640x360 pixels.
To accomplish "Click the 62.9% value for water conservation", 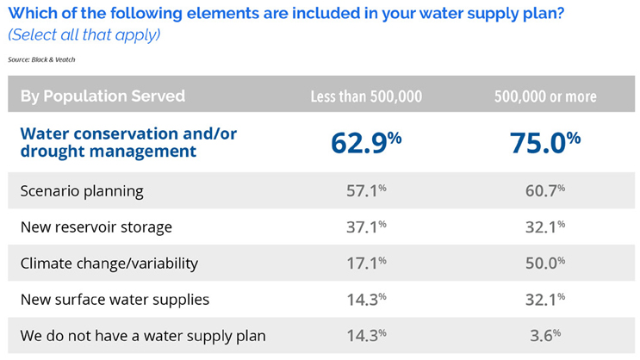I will point(365,140).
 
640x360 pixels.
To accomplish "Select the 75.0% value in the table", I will point(544,140).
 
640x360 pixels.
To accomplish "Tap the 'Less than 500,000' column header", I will point(366,96).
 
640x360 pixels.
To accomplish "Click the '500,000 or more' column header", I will point(545,96).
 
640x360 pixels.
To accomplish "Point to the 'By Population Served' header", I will point(103,96).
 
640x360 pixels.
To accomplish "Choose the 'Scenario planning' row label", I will point(82,190).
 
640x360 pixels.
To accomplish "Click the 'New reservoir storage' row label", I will point(96,227).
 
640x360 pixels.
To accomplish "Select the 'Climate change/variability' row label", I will point(110,264).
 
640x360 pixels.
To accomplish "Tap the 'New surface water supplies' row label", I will point(115,300).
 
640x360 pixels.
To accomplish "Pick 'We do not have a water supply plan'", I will point(143,336).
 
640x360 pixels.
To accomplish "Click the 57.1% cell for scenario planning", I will point(365,190).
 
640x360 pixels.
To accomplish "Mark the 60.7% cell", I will point(545,190).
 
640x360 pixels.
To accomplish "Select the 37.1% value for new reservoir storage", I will point(365,227).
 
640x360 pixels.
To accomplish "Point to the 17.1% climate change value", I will point(365,264).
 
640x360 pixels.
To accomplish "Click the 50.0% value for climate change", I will point(545,264).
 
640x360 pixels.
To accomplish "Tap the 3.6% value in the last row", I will point(545,336).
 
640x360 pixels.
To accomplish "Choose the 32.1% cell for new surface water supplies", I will point(545,300).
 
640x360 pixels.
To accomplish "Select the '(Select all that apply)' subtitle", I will point(84,36).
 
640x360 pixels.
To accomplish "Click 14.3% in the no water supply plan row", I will point(365,336).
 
